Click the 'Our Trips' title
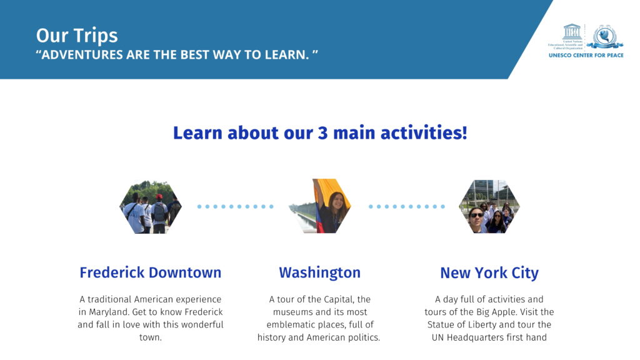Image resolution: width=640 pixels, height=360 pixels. (77, 36)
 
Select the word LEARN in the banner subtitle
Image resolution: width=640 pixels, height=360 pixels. (286, 55)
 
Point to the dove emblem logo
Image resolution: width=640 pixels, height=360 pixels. (604, 37)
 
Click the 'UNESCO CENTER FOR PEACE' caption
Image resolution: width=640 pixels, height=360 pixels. (586, 55)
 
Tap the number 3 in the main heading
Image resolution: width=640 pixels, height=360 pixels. (322, 133)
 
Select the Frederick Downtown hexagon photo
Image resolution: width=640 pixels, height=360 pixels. (151, 207)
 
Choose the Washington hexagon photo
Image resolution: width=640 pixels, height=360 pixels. (320, 206)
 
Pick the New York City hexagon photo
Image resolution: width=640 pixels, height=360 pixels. (489, 206)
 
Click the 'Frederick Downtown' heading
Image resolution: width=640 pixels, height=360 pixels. (151, 272)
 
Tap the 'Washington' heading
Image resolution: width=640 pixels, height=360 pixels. (320, 273)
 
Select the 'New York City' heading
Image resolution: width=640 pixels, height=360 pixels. (489, 273)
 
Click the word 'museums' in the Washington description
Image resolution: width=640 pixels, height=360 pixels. (291, 312)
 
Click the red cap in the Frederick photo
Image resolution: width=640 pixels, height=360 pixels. (159, 196)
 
